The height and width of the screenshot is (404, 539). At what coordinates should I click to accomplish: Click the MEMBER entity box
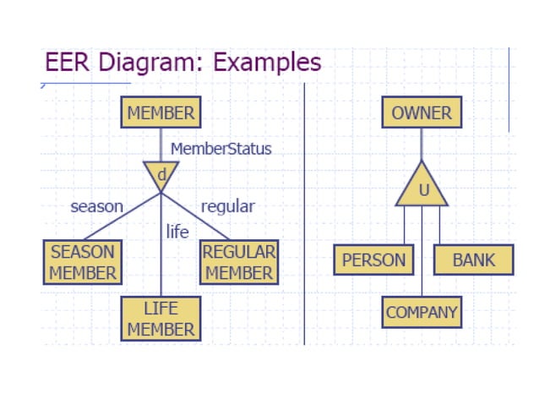click(x=161, y=112)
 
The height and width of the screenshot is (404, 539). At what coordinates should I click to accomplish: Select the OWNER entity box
click(x=422, y=112)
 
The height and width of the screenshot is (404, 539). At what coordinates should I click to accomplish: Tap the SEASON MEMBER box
click(x=82, y=262)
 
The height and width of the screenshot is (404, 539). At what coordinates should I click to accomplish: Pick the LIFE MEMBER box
click(x=161, y=319)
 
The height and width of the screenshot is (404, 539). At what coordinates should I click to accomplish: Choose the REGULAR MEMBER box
click(x=239, y=262)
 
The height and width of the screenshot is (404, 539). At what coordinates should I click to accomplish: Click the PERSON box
click(x=373, y=259)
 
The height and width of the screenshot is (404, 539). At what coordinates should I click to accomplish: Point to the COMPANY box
click(x=422, y=312)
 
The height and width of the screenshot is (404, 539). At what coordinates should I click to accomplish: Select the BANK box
click(x=473, y=259)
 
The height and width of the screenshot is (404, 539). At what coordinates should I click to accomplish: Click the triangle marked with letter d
click(x=161, y=174)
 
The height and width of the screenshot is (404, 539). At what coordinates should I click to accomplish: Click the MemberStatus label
click(x=221, y=149)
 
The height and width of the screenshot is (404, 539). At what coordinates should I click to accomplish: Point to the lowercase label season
click(x=96, y=206)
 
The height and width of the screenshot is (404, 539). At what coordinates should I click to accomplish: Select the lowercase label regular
click(x=227, y=206)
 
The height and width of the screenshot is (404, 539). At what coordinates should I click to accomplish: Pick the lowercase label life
click(x=177, y=232)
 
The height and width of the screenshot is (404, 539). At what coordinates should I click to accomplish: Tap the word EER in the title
click(x=64, y=63)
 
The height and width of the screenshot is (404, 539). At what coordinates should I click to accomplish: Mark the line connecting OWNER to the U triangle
click(x=422, y=144)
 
